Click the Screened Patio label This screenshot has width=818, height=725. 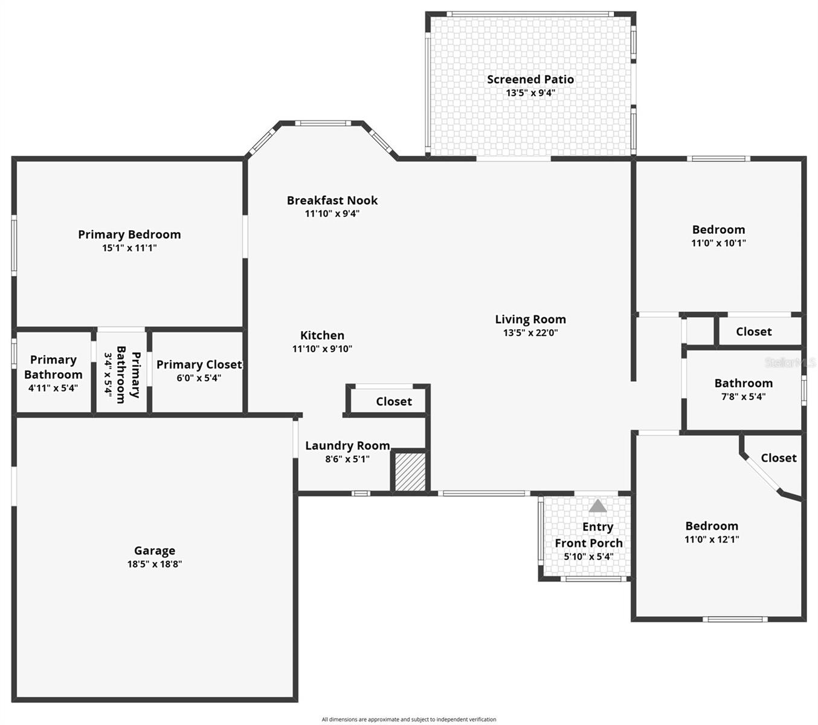coord(530,79)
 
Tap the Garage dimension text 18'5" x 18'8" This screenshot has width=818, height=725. coord(155,564)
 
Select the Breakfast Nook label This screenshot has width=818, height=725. coord(332,200)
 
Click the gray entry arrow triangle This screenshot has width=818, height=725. coord(597,506)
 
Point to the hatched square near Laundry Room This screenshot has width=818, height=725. coord(410,471)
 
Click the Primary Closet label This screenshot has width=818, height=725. coord(199,364)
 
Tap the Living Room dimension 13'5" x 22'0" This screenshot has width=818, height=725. coord(530,333)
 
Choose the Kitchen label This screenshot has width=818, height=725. coord(322,335)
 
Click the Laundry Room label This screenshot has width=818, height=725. coord(347,445)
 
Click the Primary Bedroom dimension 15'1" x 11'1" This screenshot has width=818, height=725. coord(129,248)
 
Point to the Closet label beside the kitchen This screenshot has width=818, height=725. coord(394,401)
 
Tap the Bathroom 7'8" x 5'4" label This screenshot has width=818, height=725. coord(743,383)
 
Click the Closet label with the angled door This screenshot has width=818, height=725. coord(778,458)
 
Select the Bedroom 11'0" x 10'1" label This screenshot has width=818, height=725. coord(718,230)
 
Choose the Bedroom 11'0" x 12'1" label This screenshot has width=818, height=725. coord(712,526)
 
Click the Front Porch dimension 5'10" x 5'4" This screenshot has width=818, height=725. coord(588,556)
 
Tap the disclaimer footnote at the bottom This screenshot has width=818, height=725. coord(409,720)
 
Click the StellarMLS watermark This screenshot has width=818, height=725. coord(790,362)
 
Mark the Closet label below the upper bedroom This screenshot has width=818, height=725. coord(753,332)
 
